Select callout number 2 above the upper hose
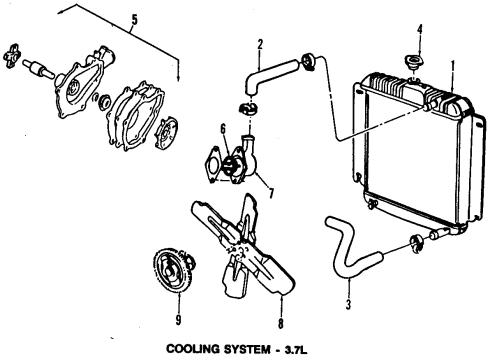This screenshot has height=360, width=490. click(260, 43)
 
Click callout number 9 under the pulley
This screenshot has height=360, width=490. click(178, 322)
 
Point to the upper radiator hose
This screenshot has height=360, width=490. click(268, 75)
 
